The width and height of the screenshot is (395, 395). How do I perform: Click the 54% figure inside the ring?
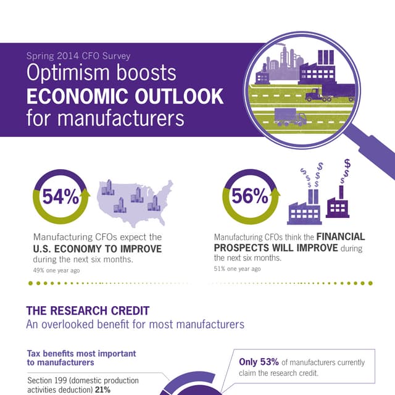click(x=60, y=197)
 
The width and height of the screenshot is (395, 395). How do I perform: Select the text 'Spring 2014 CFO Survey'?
click(x=78, y=56)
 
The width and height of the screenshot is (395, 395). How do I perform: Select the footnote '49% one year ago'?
click(x=56, y=269)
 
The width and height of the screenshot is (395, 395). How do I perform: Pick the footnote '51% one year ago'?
click(x=237, y=269)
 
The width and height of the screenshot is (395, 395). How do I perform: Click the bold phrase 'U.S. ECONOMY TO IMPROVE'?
click(x=97, y=249)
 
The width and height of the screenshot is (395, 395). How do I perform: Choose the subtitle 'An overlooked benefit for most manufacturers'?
click(x=135, y=324)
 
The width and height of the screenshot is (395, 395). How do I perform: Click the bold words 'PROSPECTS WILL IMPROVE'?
click(x=276, y=247)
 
